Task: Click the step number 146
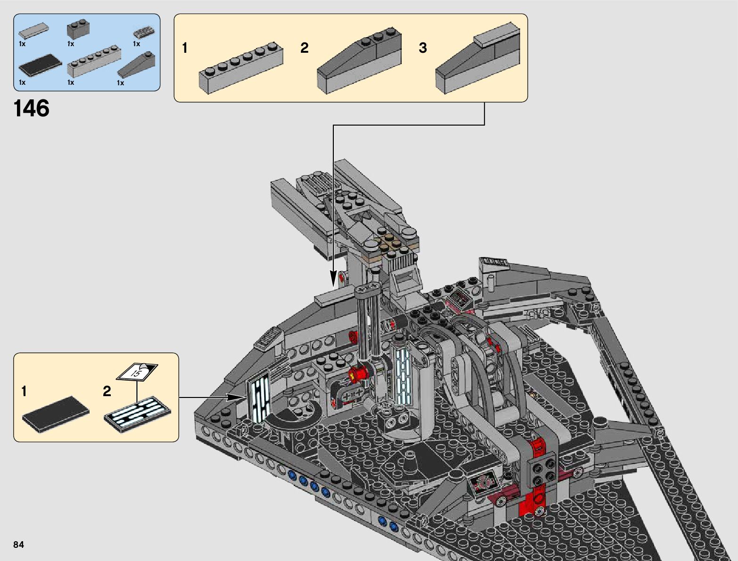pyautogui.click(x=31, y=108)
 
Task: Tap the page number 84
pyautogui.click(x=18, y=545)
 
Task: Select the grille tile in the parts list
pyautogui.click(x=144, y=33)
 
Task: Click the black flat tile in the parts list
pyautogui.click(x=40, y=65)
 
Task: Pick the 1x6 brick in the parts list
pyautogui.click(x=94, y=61)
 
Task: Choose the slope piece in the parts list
pyautogui.click(x=136, y=65)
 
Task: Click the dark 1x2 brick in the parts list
pyautogui.click(x=78, y=30)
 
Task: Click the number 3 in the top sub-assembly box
pyautogui.click(x=423, y=48)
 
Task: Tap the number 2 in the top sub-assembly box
pyautogui.click(x=304, y=48)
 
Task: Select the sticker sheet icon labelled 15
pyautogui.click(x=137, y=372)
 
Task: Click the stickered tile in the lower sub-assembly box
pyautogui.click(x=137, y=415)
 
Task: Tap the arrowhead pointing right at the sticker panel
pyautogui.click(x=235, y=398)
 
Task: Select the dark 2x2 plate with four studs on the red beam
pyautogui.click(x=543, y=470)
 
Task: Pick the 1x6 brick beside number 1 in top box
pyautogui.click(x=241, y=68)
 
